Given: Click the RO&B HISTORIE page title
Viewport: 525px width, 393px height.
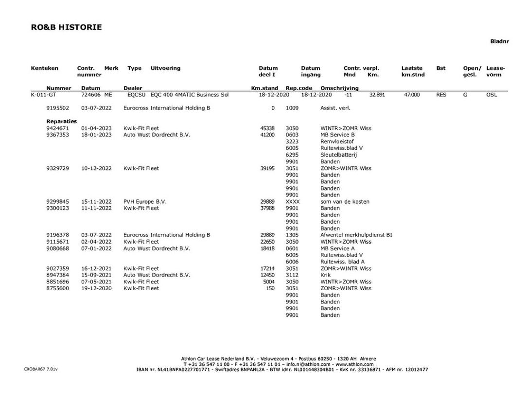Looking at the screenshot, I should (66, 27).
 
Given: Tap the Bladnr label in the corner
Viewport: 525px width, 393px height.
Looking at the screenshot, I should (499, 42).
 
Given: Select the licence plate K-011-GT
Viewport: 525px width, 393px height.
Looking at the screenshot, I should (44, 95).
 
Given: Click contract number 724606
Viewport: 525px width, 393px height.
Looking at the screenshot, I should (91, 95).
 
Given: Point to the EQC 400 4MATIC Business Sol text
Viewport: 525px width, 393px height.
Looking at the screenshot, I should (190, 95).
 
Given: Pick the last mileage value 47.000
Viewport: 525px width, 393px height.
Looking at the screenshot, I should (412, 95).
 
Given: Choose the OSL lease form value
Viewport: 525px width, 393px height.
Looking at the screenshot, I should (491, 95).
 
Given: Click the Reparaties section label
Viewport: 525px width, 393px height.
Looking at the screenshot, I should (62, 121).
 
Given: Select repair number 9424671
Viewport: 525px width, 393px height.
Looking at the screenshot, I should (58, 128).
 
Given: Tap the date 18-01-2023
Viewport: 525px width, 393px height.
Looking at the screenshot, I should (96, 135).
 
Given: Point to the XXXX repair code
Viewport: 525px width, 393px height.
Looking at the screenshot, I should (293, 201).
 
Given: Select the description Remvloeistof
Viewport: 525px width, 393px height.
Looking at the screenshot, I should (337, 142).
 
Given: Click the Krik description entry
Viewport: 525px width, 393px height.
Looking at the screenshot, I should (326, 275).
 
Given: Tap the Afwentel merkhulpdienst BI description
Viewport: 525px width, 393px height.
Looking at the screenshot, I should (356, 235).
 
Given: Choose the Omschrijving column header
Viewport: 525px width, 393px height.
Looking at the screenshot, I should (339, 88).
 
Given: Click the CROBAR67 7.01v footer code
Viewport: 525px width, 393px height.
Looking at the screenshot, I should (40, 369).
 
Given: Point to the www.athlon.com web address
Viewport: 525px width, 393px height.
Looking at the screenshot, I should (354, 364).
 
